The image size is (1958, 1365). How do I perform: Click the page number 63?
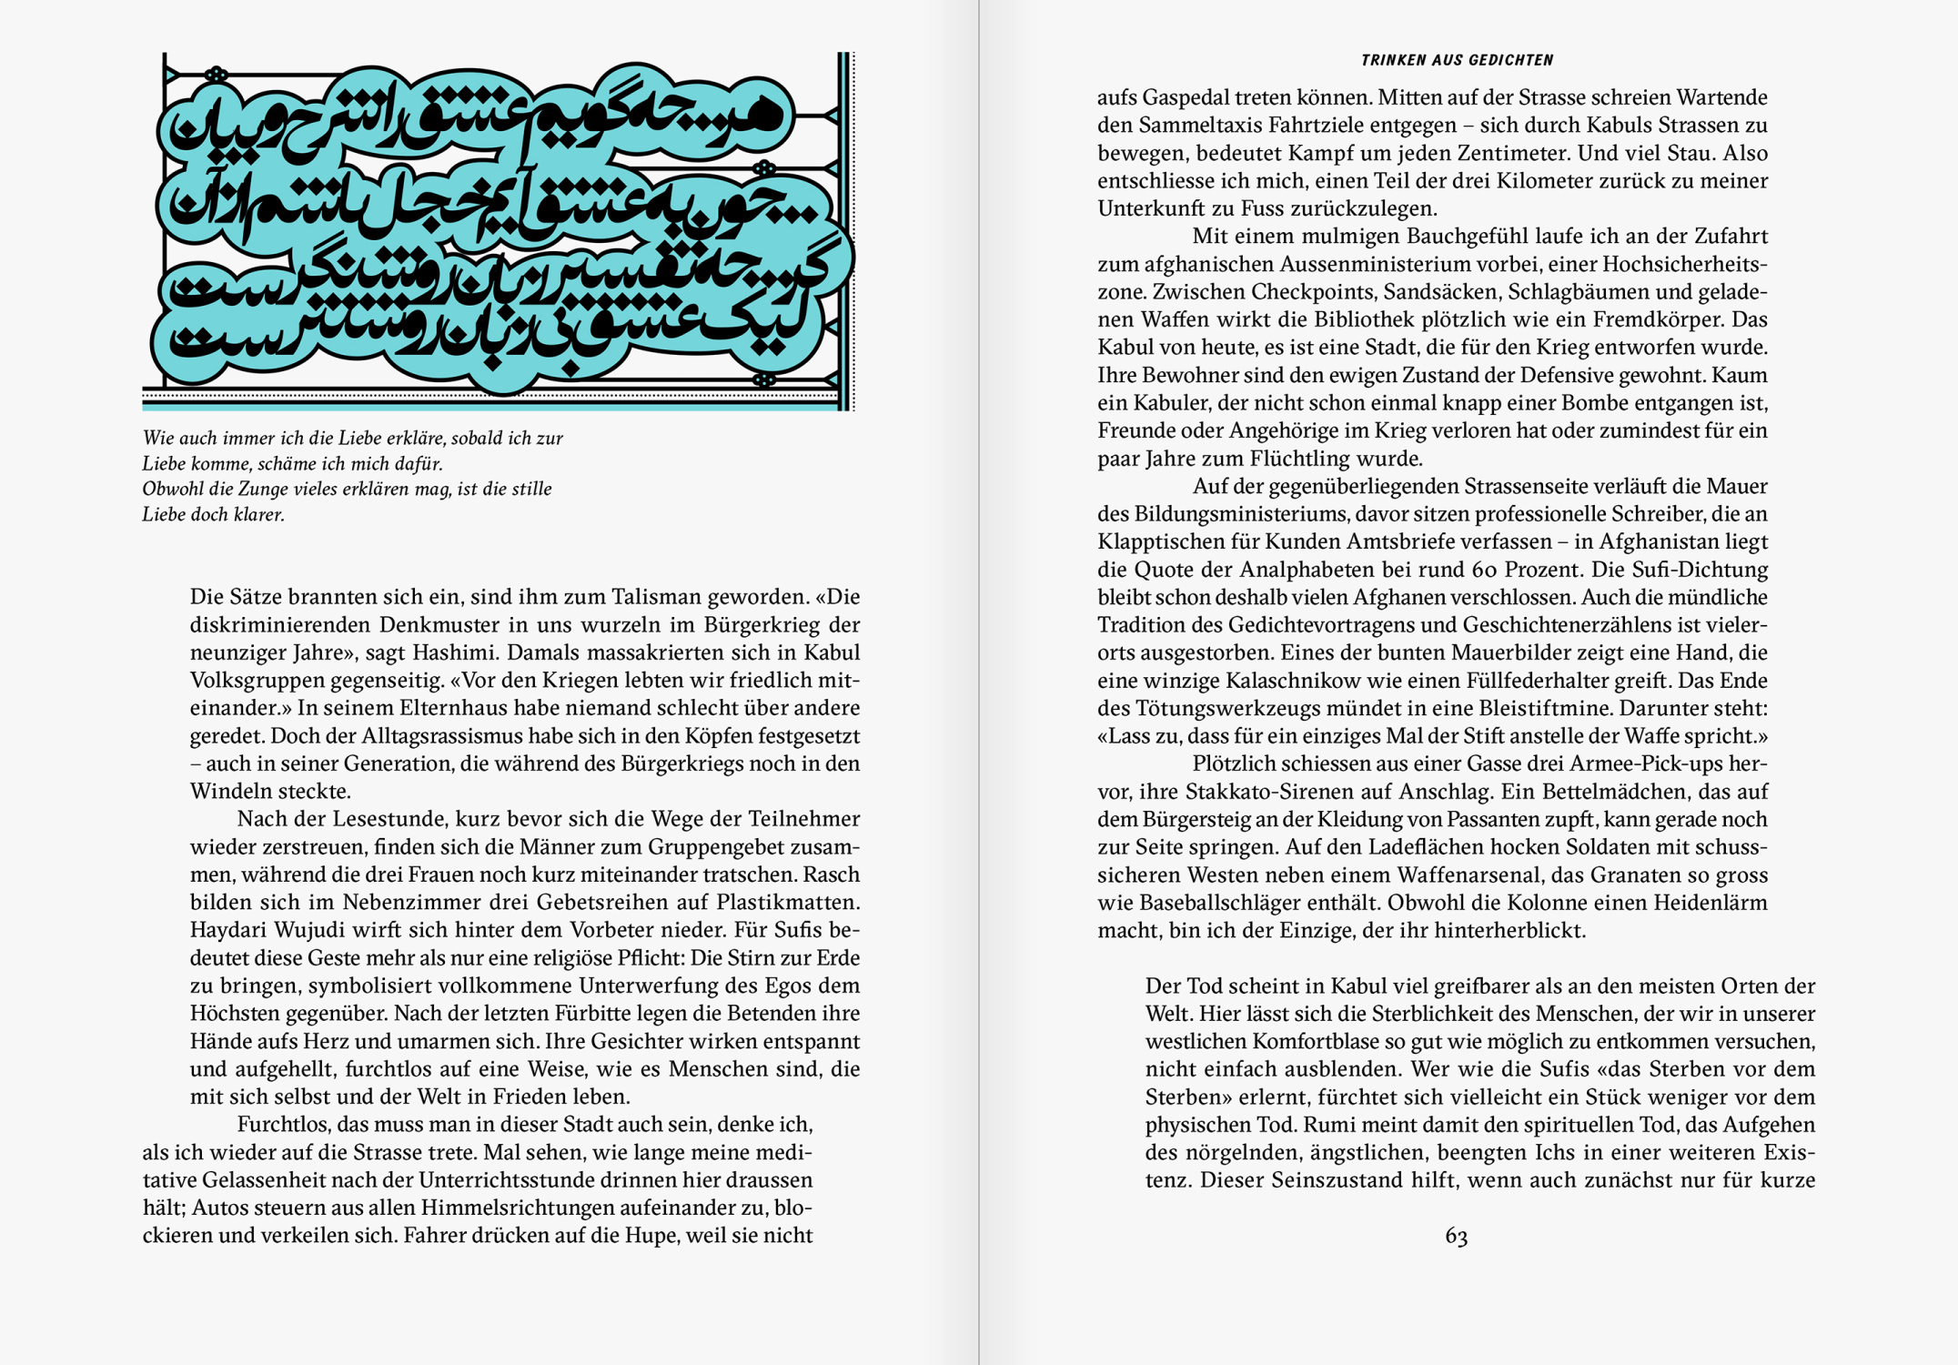coord(1456,1236)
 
